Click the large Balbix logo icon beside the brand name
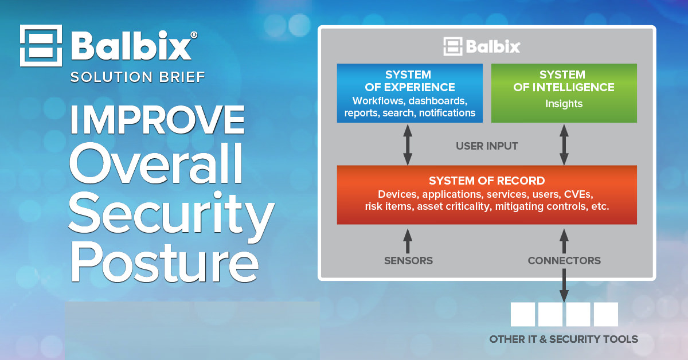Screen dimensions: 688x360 [x=41, y=46]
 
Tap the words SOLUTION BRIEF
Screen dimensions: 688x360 [x=138, y=77]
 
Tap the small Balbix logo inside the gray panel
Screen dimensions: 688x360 [x=482, y=46]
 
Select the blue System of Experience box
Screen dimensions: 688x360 [x=410, y=93]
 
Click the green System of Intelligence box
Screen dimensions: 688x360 [x=564, y=93]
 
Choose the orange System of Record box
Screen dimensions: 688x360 [x=487, y=195]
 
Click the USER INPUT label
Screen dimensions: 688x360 [x=487, y=146]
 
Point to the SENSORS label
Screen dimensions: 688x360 [x=408, y=261]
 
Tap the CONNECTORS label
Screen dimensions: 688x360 [x=564, y=261]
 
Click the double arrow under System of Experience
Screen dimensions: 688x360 [x=408, y=144]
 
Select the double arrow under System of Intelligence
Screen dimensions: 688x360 [x=564, y=144]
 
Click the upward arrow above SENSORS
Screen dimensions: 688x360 [x=408, y=241]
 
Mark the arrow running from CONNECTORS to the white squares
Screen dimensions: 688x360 [x=564, y=285]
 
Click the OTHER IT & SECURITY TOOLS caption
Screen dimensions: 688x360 [x=564, y=339]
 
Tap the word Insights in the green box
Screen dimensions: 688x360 [x=564, y=104]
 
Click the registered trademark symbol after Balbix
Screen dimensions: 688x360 [x=194, y=35]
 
